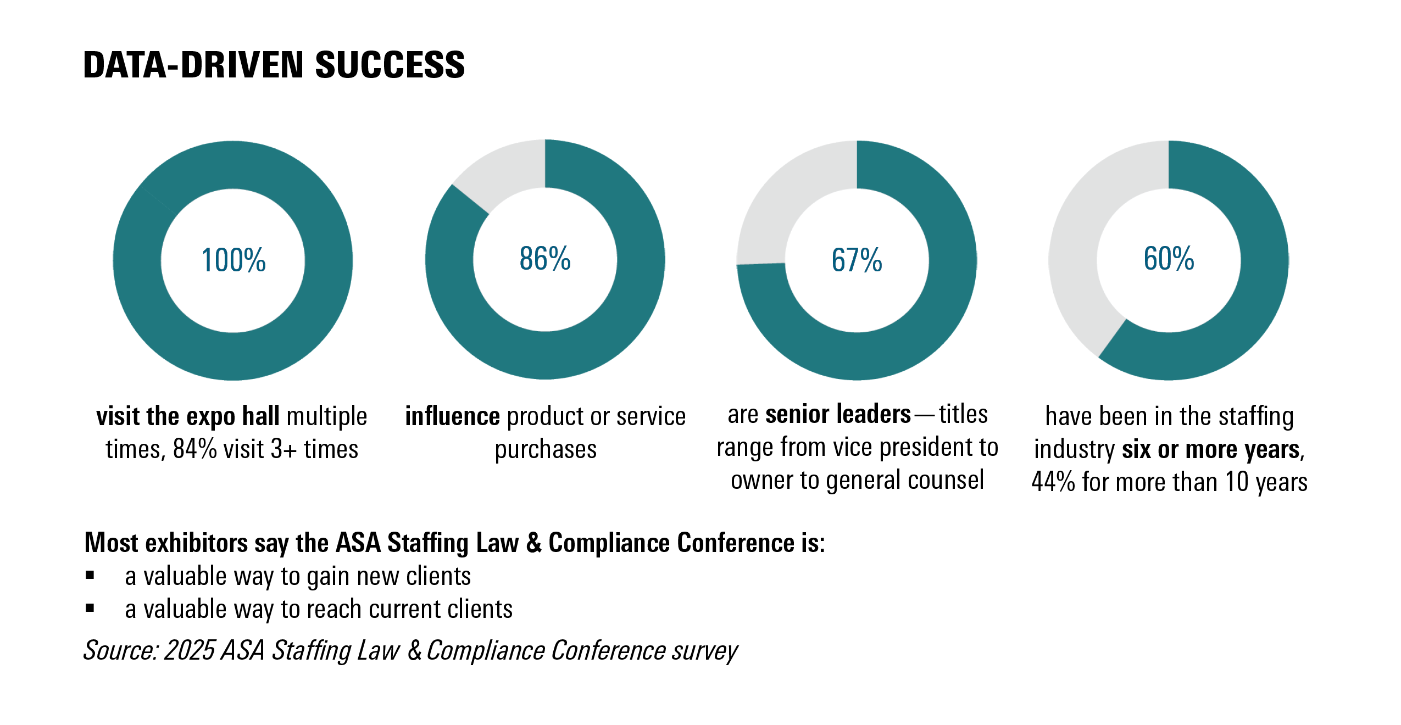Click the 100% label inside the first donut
point(233,260)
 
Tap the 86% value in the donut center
point(545,259)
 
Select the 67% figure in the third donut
point(857,260)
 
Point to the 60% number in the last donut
point(1169,259)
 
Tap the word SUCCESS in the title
point(390,65)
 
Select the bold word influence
point(452,416)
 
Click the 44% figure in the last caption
point(1053,482)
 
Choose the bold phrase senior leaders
point(838,414)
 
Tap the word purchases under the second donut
point(545,449)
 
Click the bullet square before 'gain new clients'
point(90,576)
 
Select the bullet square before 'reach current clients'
point(90,608)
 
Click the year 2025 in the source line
point(189,650)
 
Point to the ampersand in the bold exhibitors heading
point(533,543)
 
